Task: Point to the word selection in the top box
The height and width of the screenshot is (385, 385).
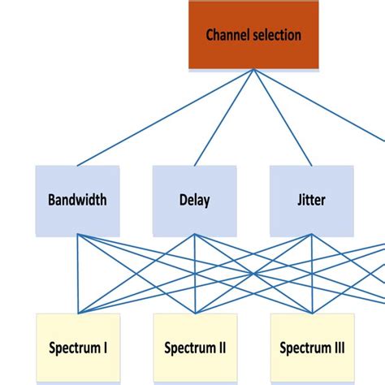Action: point(275,35)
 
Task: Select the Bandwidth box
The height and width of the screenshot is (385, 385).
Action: point(77,200)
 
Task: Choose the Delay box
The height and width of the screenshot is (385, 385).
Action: point(194,200)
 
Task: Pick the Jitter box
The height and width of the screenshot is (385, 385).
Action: point(312,200)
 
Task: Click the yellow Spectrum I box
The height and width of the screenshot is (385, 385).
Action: point(78,348)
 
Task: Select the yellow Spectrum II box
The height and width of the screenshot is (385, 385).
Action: point(195,348)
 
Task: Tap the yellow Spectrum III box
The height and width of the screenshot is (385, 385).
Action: point(312,348)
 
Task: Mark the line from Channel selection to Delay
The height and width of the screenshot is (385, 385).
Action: point(224,118)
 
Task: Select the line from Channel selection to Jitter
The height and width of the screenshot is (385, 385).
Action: point(283,118)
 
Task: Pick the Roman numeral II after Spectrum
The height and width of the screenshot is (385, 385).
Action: point(222,348)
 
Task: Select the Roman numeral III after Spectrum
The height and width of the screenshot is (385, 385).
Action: point(339,348)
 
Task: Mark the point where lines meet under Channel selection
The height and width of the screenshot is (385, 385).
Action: point(253,70)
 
